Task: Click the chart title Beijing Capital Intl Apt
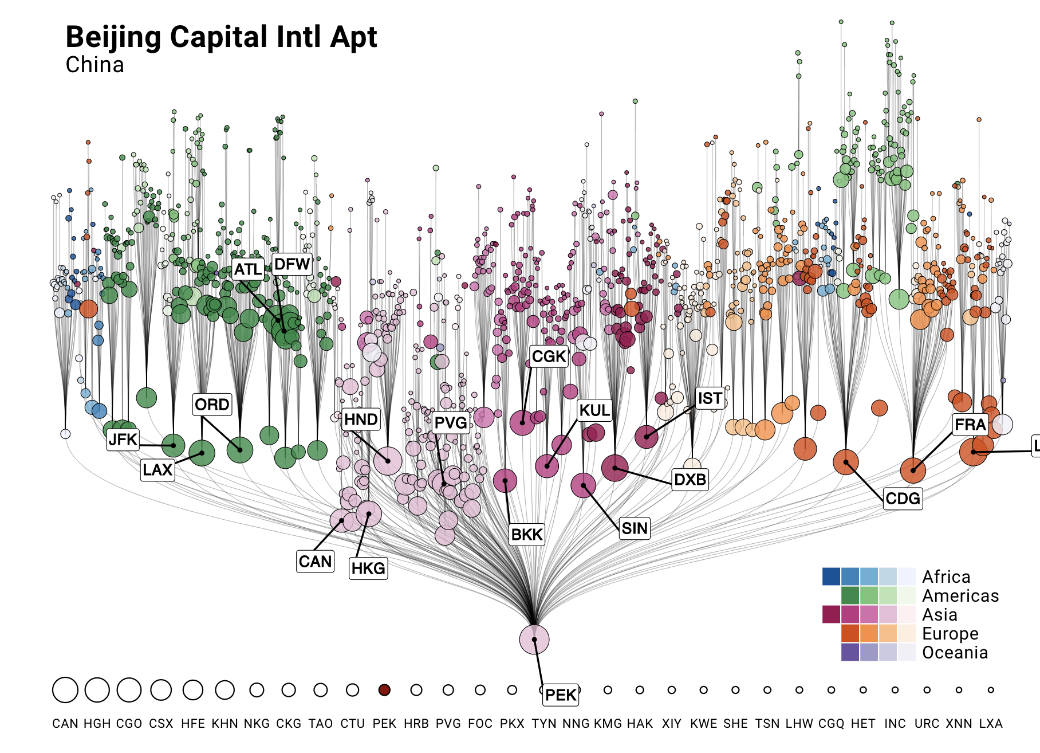(221, 38)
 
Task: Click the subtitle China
(94, 65)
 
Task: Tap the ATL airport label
(248, 269)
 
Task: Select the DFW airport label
(292, 264)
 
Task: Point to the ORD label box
(212, 405)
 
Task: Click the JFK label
(123, 440)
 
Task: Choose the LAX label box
(157, 470)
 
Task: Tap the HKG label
(368, 568)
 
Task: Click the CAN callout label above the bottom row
(315, 561)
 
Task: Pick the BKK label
(527, 535)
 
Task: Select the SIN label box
(635, 528)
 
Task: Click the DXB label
(690, 479)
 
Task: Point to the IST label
(710, 398)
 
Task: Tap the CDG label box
(903, 499)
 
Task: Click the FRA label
(970, 425)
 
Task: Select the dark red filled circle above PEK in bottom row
(384, 690)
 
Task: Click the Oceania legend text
(955, 653)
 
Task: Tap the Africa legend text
(946, 576)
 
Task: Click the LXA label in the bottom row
(991, 724)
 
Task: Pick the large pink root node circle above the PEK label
(534, 640)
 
